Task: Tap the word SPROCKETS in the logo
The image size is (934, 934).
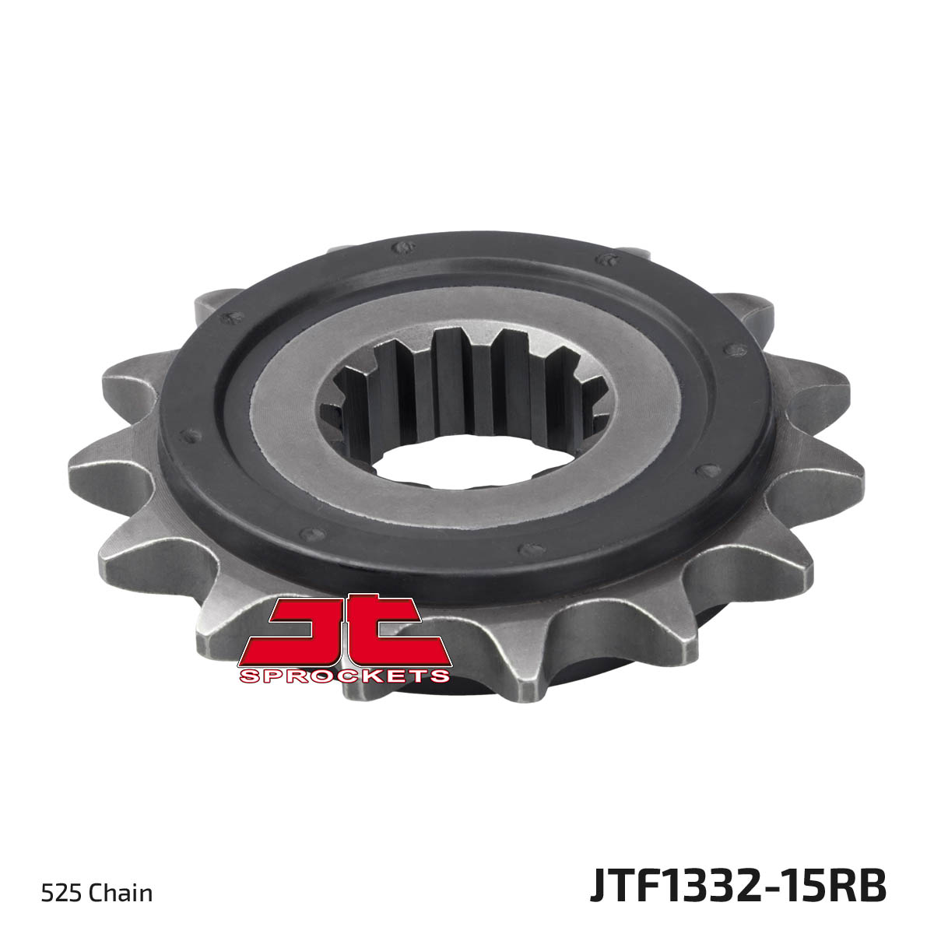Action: click(x=345, y=676)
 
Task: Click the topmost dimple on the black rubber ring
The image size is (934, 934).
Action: click(x=403, y=248)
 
